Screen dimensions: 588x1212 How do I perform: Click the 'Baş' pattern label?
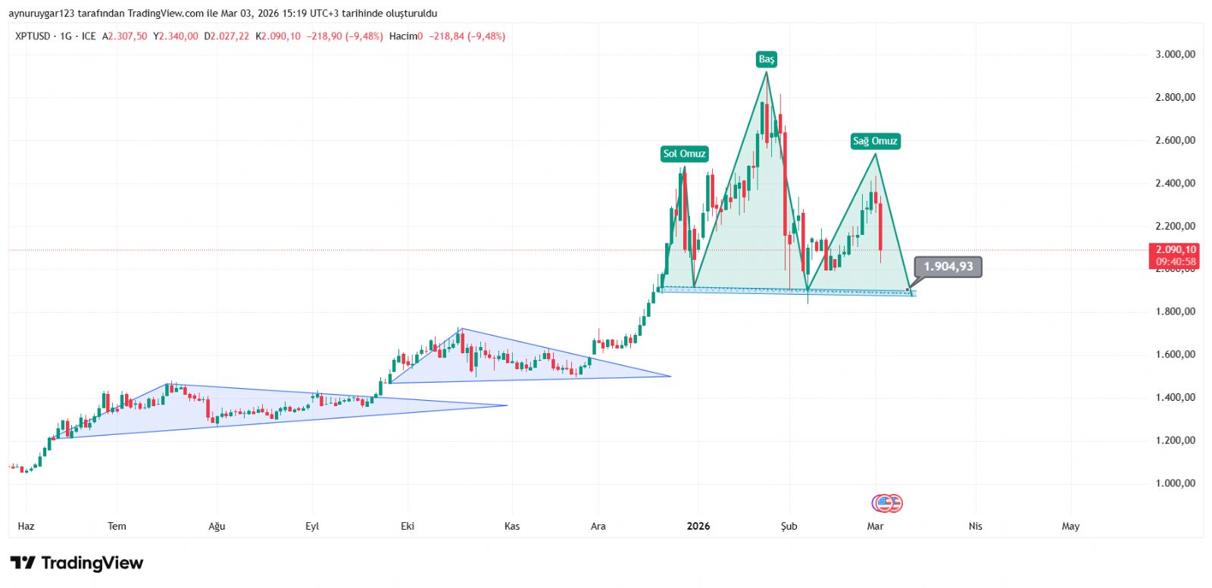coord(767,59)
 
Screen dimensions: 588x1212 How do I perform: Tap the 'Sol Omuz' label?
coord(684,154)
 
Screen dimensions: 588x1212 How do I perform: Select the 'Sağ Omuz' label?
coord(875,141)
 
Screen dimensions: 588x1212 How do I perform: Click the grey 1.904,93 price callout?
coord(948,267)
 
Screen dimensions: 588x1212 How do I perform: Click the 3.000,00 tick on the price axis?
coord(1175,55)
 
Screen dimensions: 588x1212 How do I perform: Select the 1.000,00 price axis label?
coord(1175,483)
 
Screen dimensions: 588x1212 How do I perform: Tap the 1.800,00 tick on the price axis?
coord(1175,311)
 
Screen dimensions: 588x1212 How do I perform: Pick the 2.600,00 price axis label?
coord(1175,140)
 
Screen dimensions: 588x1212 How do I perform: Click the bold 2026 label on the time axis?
coord(698,526)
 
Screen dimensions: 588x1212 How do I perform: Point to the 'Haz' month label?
coord(26,526)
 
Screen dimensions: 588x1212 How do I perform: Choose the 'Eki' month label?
coord(408,526)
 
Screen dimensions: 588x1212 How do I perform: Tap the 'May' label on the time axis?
coord(1070,526)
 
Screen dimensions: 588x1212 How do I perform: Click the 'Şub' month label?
coord(789,526)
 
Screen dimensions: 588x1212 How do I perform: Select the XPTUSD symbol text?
coord(33,36)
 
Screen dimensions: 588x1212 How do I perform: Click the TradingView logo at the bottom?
coord(77,563)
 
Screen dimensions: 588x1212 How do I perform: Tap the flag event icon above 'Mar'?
coord(886,503)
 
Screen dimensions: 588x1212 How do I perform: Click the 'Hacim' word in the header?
coord(403,36)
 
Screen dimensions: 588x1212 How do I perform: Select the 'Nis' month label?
coord(975,526)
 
